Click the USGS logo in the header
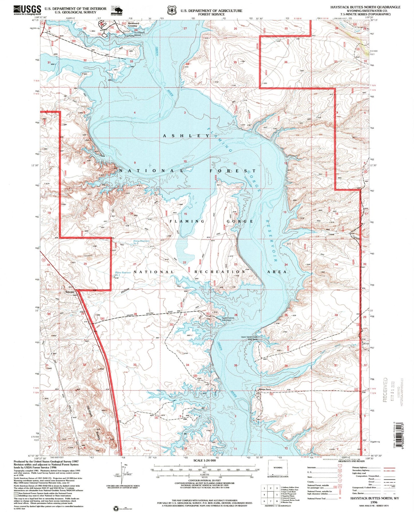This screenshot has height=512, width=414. click(27, 10)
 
